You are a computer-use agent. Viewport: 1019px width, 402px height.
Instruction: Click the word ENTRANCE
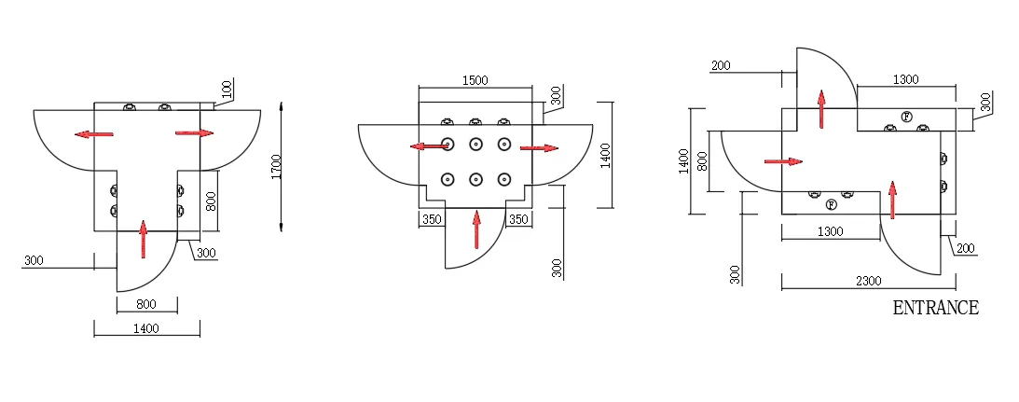tap(936, 308)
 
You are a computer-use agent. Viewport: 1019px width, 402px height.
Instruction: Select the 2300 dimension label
tap(868, 281)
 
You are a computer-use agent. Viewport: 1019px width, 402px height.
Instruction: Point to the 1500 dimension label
tap(475, 80)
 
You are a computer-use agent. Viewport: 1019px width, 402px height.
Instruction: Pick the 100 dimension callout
tap(227, 89)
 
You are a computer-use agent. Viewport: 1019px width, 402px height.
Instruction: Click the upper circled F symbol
tap(906, 117)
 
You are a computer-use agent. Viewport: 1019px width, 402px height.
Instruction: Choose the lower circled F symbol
tap(831, 205)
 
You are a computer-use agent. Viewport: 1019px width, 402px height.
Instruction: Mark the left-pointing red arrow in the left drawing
tap(93, 134)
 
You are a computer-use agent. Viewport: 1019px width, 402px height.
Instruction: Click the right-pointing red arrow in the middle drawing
tap(539, 148)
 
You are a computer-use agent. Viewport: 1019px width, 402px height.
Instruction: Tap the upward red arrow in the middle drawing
tap(477, 229)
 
